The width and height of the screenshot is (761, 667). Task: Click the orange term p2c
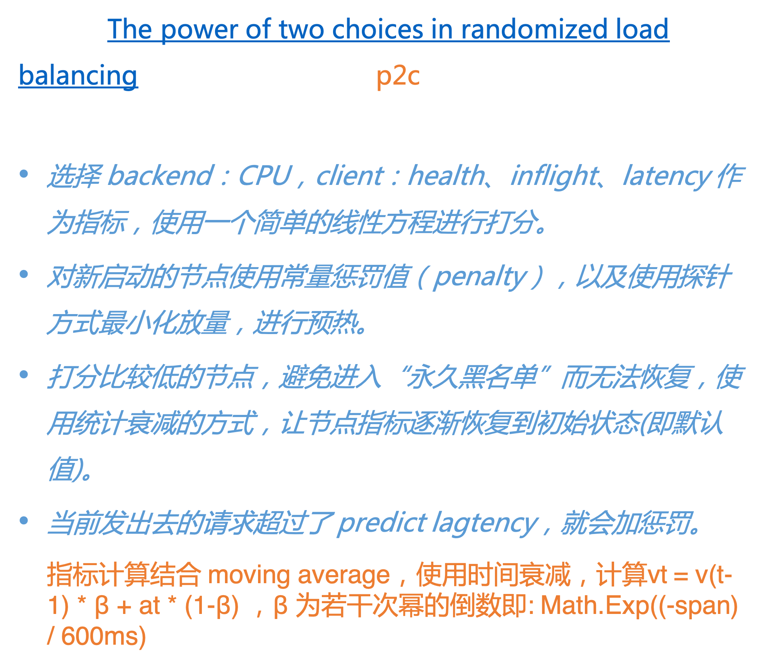click(x=398, y=76)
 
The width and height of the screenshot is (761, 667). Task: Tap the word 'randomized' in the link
click(x=534, y=29)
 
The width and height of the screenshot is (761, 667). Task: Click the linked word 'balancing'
click(x=78, y=76)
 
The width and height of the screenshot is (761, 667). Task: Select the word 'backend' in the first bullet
click(x=160, y=176)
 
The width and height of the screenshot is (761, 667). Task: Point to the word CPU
click(x=265, y=176)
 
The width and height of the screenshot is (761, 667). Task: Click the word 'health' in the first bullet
click(x=446, y=176)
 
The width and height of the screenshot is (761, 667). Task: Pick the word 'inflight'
click(x=554, y=176)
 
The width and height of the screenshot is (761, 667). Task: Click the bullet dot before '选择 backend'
click(x=24, y=174)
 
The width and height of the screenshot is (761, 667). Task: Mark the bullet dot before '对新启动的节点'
click(x=24, y=274)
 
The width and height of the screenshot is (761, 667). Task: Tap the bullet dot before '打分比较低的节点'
click(x=24, y=374)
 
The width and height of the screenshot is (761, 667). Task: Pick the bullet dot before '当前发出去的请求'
click(x=24, y=521)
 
